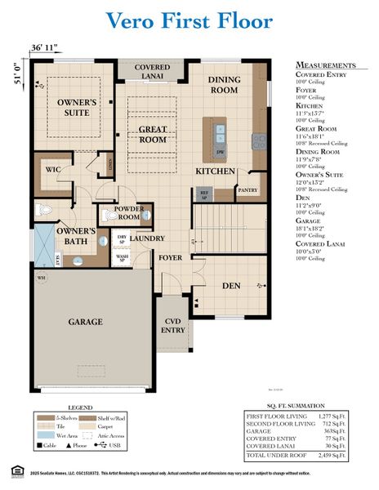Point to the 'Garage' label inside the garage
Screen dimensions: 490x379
point(85,322)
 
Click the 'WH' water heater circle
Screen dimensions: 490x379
point(41,277)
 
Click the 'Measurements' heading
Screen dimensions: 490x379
point(325,65)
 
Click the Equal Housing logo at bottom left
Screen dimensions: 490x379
point(12,472)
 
